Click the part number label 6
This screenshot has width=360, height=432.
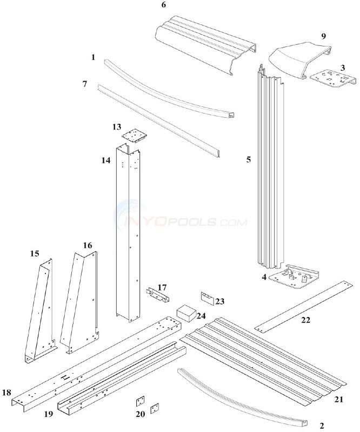pyautogui.click(x=163, y=5)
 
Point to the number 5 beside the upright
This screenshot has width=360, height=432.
pyautogui.click(x=248, y=160)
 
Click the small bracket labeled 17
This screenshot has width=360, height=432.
pyautogui.click(x=157, y=294)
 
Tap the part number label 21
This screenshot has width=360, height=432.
pyautogui.click(x=339, y=399)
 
